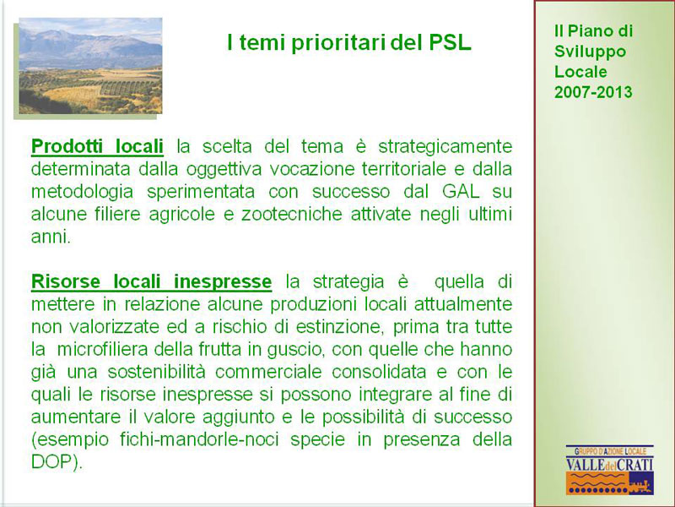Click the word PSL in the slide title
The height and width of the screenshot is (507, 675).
tap(451, 43)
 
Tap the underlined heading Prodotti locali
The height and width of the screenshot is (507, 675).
tap(97, 146)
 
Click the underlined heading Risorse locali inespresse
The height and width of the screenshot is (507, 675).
tap(152, 281)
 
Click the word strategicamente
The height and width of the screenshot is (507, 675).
tap(445, 147)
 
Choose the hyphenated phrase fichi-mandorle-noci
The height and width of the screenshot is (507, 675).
tap(199, 439)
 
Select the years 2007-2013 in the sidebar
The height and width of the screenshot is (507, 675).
tap(593, 92)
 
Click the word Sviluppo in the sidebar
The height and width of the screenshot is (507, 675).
tap(590, 52)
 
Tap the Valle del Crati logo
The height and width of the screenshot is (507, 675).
tap(609, 470)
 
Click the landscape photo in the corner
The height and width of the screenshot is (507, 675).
tap(90, 66)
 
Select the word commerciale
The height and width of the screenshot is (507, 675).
tap(268, 372)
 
